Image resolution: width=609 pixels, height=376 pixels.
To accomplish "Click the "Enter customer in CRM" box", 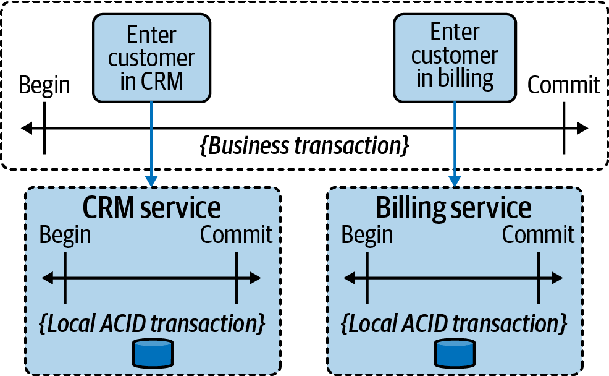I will (151, 58).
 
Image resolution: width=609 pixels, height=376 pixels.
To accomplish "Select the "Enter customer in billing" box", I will (455, 56).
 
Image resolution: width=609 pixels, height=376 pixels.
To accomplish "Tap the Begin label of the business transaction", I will (44, 85).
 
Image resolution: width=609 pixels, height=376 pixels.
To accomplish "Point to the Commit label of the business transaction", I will (563, 85).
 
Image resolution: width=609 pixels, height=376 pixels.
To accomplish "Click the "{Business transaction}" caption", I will (305, 146).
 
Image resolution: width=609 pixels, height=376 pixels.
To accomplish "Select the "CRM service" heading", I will (153, 208).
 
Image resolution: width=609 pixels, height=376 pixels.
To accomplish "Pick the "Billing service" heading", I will (454, 208).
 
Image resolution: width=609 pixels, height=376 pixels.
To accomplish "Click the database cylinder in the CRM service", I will (152, 352).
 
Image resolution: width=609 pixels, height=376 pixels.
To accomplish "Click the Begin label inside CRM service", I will (65, 235).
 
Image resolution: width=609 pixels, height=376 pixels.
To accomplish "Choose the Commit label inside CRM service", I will (237, 235).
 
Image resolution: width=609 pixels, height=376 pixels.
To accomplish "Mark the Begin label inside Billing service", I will (367, 235).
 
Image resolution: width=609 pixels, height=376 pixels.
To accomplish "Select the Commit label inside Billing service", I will (538, 235).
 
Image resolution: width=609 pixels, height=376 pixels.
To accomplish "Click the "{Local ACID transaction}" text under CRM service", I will (152, 323).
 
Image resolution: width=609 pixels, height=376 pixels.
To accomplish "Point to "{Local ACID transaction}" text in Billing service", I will (454, 323).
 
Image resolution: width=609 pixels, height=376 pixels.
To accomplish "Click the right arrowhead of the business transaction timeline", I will (582, 129).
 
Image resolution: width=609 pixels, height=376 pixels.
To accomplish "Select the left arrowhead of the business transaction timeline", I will (26, 129).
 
